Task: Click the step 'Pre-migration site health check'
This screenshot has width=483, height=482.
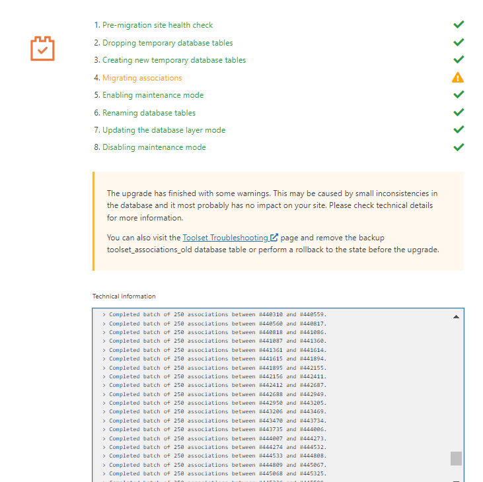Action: pos(157,25)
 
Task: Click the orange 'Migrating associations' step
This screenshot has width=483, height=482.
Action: pos(142,78)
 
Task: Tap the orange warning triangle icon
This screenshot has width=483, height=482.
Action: pos(458,77)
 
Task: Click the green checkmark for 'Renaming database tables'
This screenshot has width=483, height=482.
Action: pos(459,112)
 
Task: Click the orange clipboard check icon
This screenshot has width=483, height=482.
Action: pos(43,48)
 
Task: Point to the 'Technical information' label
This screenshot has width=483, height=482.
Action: pos(124,296)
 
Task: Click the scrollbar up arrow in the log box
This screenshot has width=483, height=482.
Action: pos(456,316)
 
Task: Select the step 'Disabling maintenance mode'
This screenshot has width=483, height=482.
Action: pos(154,147)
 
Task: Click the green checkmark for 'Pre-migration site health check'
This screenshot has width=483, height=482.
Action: pos(459,24)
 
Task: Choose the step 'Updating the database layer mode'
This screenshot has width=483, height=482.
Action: pos(164,130)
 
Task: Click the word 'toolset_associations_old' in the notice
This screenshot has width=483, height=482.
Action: pos(155,250)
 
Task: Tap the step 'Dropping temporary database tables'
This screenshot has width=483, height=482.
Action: pos(167,43)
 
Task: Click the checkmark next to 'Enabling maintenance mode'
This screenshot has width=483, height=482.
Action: pos(459,94)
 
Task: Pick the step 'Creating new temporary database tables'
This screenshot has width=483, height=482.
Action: pos(174,60)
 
